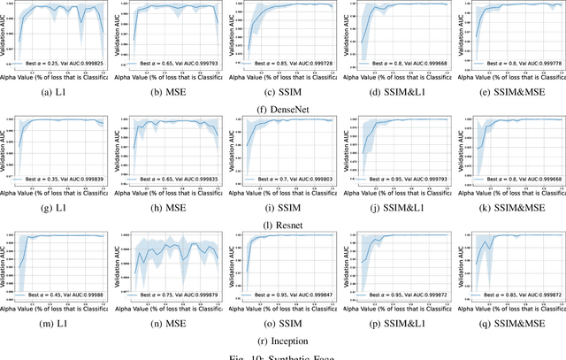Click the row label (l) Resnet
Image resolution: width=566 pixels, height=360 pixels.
coord(282,224)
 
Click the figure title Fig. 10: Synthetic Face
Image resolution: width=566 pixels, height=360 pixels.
coord(282,355)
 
